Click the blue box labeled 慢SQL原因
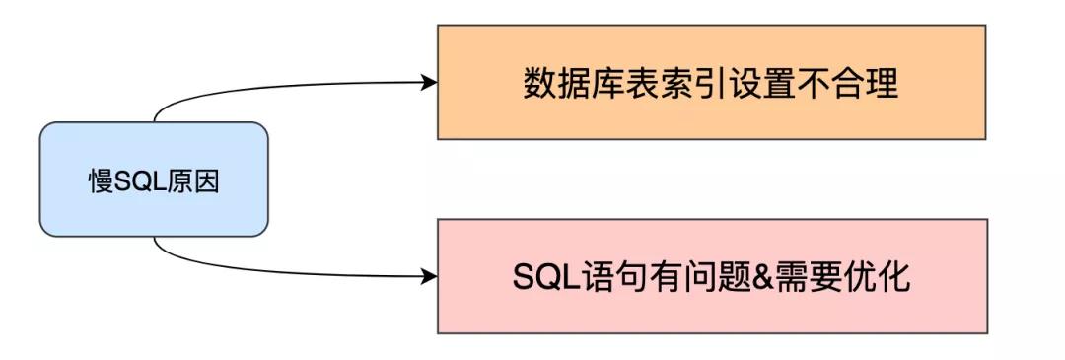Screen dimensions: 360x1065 click(x=153, y=179)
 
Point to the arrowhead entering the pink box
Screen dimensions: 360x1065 click(x=429, y=275)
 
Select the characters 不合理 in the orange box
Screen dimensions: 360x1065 click(x=848, y=84)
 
